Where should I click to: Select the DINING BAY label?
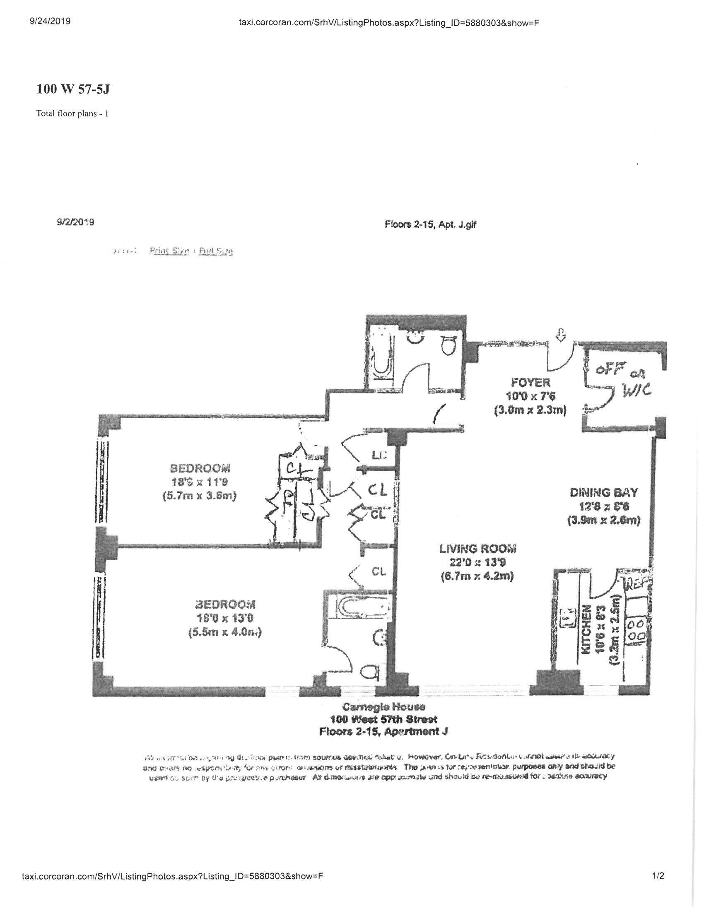click(x=603, y=493)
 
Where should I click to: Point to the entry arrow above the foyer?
click(x=561, y=335)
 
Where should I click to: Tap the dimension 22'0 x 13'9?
click(x=477, y=562)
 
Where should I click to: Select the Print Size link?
click(x=169, y=251)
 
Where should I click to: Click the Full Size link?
click(x=216, y=251)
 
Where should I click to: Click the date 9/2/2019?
click(x=75, y=222)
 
